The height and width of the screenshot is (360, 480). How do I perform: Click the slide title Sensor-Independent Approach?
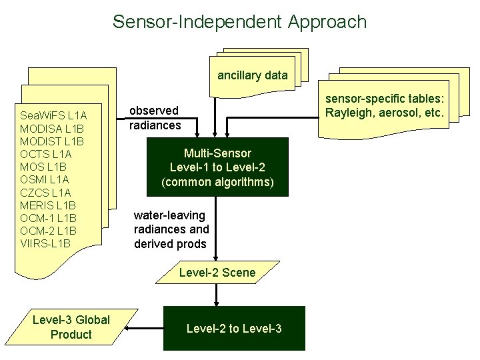click(239, 21)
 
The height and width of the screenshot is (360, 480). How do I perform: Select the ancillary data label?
click(253, 75)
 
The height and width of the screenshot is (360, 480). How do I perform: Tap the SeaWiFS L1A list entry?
click(53, 115)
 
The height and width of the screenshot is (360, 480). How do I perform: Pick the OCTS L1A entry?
click(46, 154)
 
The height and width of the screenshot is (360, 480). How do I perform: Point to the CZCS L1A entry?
click(45, 193)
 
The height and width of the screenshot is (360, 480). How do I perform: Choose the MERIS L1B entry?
click(49, 205)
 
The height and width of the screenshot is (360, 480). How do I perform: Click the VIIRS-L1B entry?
click(45, 243)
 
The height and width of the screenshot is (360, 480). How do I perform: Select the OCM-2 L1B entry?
click(49, 231)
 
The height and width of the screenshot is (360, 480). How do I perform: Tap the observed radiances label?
click(154, 118)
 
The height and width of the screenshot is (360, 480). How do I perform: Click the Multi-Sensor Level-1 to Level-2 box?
click(218, 167)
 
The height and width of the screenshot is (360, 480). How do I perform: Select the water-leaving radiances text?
click(171, 229)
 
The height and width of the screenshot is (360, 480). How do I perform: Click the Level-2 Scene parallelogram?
click(217, 272)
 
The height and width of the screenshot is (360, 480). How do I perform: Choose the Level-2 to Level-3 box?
click(234, 328)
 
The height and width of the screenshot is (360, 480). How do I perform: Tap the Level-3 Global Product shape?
click(71, 327)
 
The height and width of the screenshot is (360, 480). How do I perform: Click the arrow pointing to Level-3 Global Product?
click(145, 328)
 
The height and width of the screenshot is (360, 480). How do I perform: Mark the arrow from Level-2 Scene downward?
click(217, 294)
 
